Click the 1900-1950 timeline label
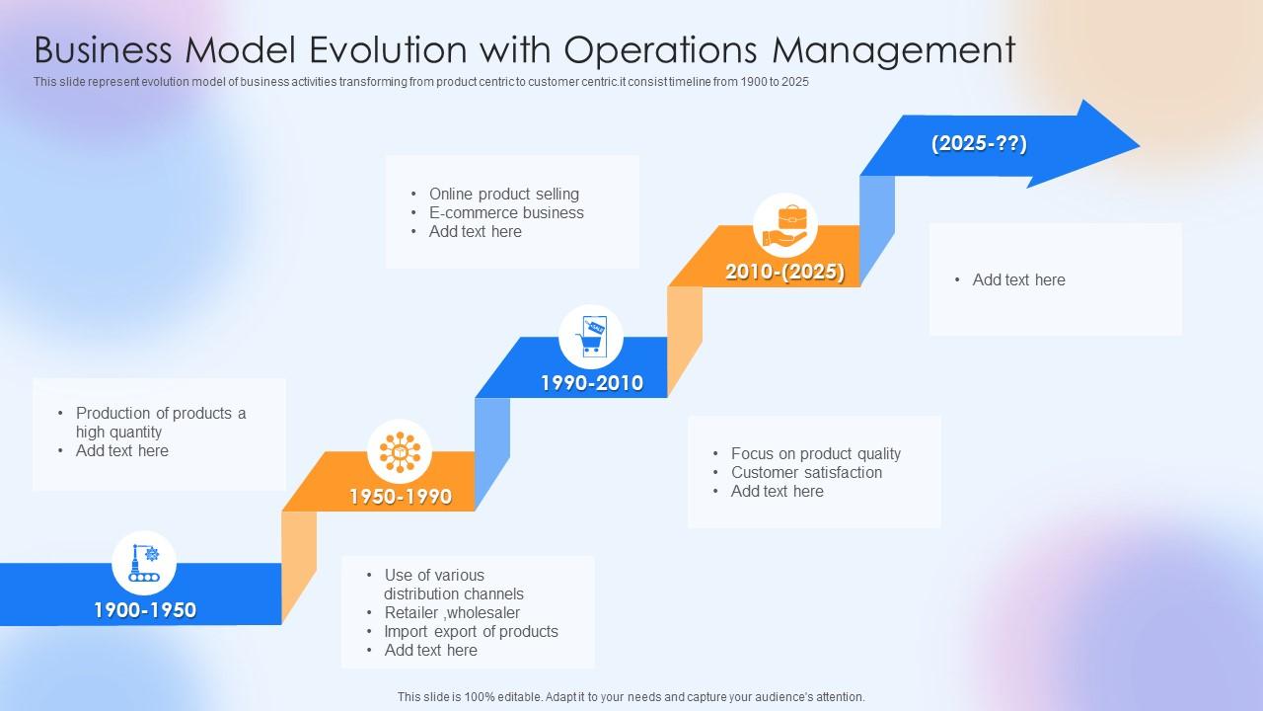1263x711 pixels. tap(145, 610)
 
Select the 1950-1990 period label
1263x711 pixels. tap(401, 497)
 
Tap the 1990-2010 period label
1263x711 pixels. tap(592, 383)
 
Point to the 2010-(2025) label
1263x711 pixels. tap(785, 273)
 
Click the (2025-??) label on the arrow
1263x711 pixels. tap(979, 144)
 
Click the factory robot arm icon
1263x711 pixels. tap(144, 563)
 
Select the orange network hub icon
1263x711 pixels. tap(400, 451)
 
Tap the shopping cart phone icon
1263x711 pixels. tap(591, 337)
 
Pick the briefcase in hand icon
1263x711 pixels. tap(785, 225)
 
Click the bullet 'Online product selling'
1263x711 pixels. tap(503, 195)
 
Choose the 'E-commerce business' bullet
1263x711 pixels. tap(506, 213)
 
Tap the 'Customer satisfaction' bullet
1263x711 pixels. tap(806, 473)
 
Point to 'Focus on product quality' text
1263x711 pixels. tap(815, 454)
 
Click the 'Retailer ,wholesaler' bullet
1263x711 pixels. tap(452, 613)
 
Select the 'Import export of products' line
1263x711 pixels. tap(471, 632)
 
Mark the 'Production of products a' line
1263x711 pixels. tap(161, 414)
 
